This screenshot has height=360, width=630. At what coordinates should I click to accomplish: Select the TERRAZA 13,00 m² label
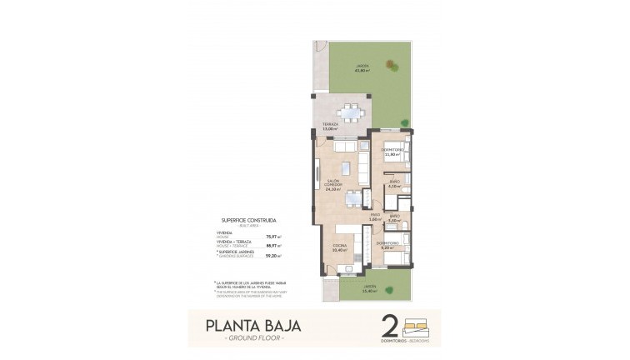tap(330, 127)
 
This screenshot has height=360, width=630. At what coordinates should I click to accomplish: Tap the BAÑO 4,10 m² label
tap(396, 183)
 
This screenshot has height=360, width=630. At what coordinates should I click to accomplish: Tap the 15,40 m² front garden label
tap(368, 289)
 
